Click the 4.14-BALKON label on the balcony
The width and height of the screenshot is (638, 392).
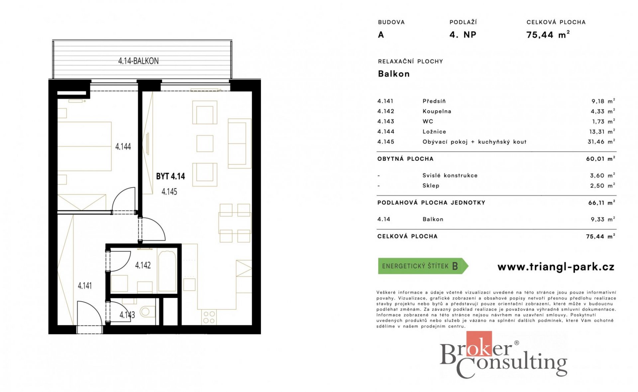tap(138, 61)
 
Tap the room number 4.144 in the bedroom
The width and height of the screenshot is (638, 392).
tap(123, 147)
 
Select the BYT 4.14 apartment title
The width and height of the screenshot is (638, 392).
tap(170, 176)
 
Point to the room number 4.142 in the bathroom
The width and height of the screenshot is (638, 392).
tap(143, 265)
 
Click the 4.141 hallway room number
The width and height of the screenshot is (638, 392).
tap(85, 286)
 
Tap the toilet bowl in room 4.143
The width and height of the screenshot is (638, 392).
tap(147, 312)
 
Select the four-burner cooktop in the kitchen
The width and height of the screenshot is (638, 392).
tap(209, 317)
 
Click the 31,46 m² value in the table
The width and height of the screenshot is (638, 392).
tap(601, 142)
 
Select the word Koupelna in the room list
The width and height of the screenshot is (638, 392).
tap(437, 112)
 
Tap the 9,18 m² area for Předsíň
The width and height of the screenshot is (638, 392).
tap(603, 101)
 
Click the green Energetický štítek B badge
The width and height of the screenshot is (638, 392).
tap(423, 266)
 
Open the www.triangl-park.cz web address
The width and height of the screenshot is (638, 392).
tap(556, 267)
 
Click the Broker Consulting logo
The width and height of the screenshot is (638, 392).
tap(503, 355)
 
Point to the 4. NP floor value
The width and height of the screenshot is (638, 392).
tap(463, 35)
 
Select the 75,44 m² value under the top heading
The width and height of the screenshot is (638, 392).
tap(548, 35)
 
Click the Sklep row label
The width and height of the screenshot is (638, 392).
tap(431, 186)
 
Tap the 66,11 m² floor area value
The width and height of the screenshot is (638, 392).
tap(601, 203)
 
